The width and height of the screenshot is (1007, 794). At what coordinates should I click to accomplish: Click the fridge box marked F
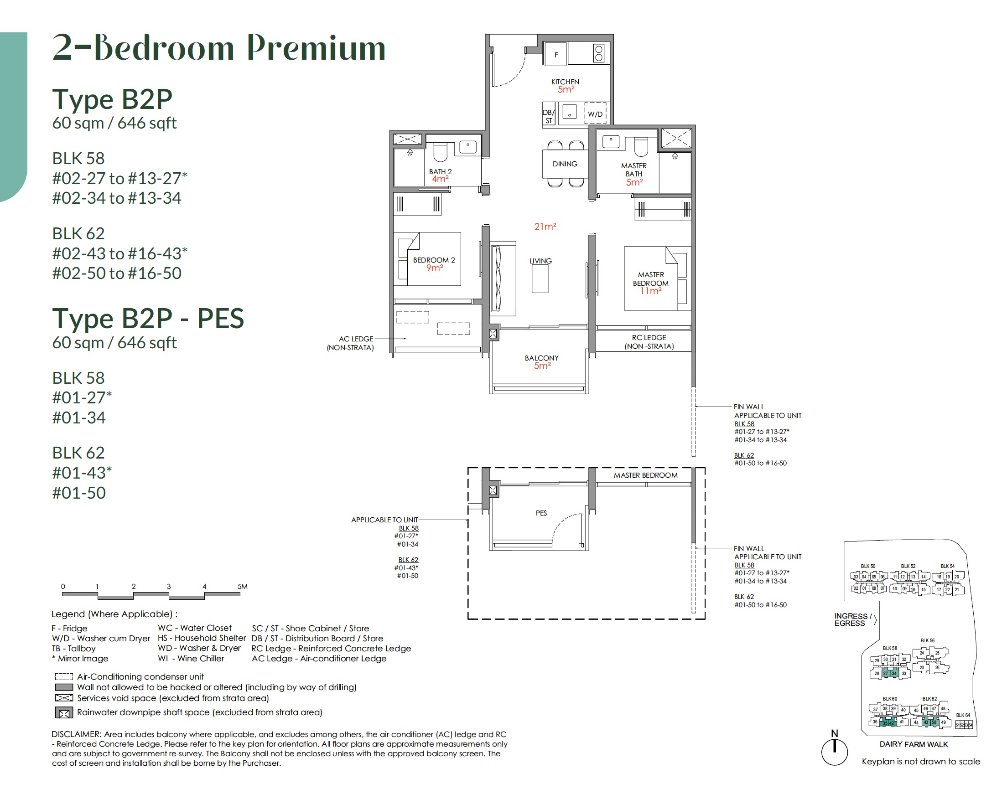point(555,54)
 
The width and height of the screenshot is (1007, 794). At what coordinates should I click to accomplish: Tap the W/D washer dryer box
point(595,114)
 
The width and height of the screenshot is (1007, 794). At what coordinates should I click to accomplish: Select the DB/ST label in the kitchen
point(548,116)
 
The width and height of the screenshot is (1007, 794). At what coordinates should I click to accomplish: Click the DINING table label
point(565,164)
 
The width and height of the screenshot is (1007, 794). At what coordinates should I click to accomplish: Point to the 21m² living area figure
point(545,227)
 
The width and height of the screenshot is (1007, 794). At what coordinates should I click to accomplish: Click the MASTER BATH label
point(633,170)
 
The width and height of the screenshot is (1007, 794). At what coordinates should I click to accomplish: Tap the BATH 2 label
point(440,171)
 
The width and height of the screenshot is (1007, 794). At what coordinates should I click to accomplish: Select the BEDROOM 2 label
point(434,260)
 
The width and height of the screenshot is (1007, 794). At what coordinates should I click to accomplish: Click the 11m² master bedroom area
point(650,291)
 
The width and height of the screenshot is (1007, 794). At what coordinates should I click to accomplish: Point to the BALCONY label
point(541,358)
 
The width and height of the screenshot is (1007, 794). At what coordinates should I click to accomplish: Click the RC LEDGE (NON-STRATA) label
point(649,342)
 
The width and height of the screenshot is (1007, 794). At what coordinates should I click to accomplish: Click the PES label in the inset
point(541,513)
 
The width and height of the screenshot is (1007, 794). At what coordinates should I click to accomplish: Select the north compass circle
point(835,752)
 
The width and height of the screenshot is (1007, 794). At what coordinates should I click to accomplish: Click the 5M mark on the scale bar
point(242,586)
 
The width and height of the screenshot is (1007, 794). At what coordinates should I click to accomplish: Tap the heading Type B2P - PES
point(148,319)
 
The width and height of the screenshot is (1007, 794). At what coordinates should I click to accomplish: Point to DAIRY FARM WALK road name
point(913,744)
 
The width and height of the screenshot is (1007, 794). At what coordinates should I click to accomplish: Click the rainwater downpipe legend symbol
point(64,713)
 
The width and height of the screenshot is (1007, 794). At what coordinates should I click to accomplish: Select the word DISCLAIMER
point(76,734)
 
